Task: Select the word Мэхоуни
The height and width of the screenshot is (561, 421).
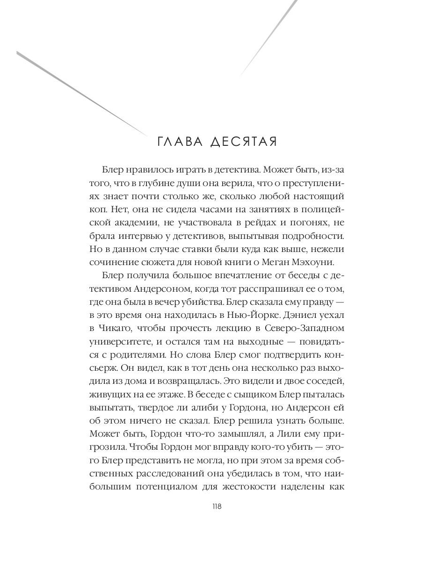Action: point(309,263)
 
